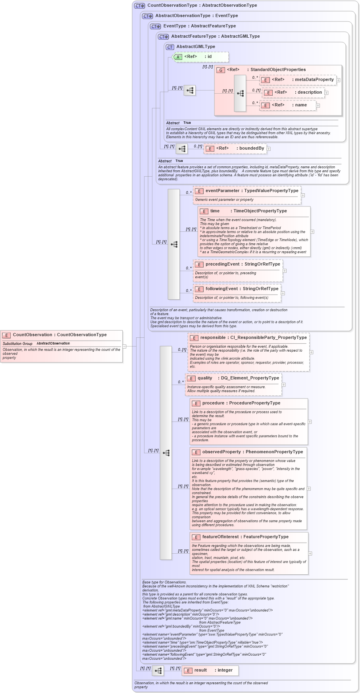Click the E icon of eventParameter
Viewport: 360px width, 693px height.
click(199, 191)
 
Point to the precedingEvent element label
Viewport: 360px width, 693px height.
click(243, 264)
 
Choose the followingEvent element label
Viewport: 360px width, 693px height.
click(242, 289)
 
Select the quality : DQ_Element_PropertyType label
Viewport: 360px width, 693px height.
click(238, 378)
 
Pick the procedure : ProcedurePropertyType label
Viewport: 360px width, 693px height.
click(241, 403)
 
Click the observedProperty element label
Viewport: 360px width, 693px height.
click(252, 452)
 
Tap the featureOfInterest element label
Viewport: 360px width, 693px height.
click(245, 537)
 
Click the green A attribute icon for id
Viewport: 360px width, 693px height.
click(178, 57)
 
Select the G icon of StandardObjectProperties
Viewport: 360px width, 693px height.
click(221, 70)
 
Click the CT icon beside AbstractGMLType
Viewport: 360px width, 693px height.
click(170, 47)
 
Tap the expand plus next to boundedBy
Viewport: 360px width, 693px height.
click(269, 149)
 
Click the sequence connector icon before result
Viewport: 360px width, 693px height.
click(158, 671)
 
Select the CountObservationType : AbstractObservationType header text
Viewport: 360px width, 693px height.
click(202, 6)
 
